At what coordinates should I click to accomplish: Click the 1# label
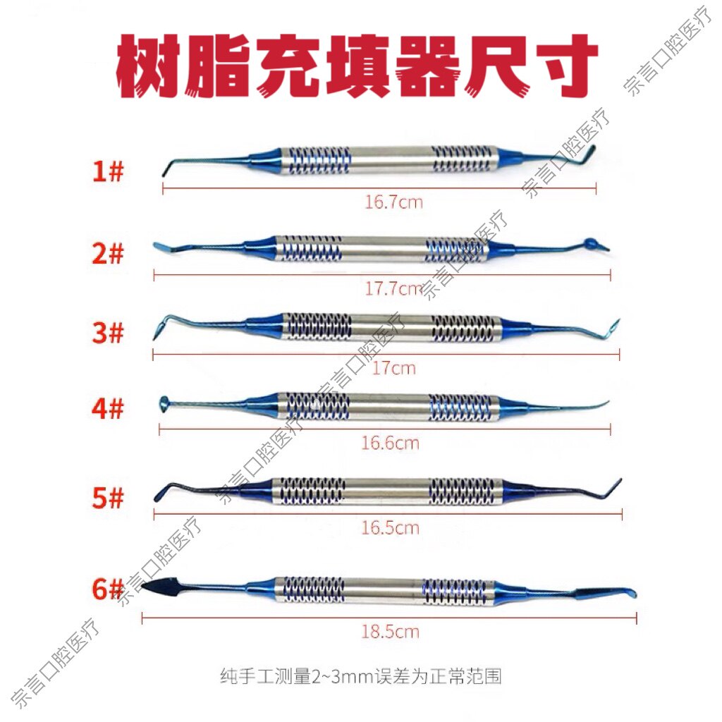point(108,171)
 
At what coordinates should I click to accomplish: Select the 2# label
point(108,253)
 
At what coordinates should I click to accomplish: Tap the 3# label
point(108,333)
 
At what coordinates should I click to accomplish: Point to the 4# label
point(108,408)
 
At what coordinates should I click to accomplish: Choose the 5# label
point(108,497)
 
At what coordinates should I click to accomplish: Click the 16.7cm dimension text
point(393,202)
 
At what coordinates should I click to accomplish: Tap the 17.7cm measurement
point(393,288)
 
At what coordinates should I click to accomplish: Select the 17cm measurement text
point(393,368)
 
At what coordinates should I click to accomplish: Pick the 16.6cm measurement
point(390,443)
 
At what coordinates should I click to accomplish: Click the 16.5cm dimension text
point(390,527)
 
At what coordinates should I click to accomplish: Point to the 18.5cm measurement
point(390,631)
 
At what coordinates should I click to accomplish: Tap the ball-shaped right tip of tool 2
point(591,243)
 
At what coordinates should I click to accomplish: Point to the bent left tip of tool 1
point(166,167)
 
